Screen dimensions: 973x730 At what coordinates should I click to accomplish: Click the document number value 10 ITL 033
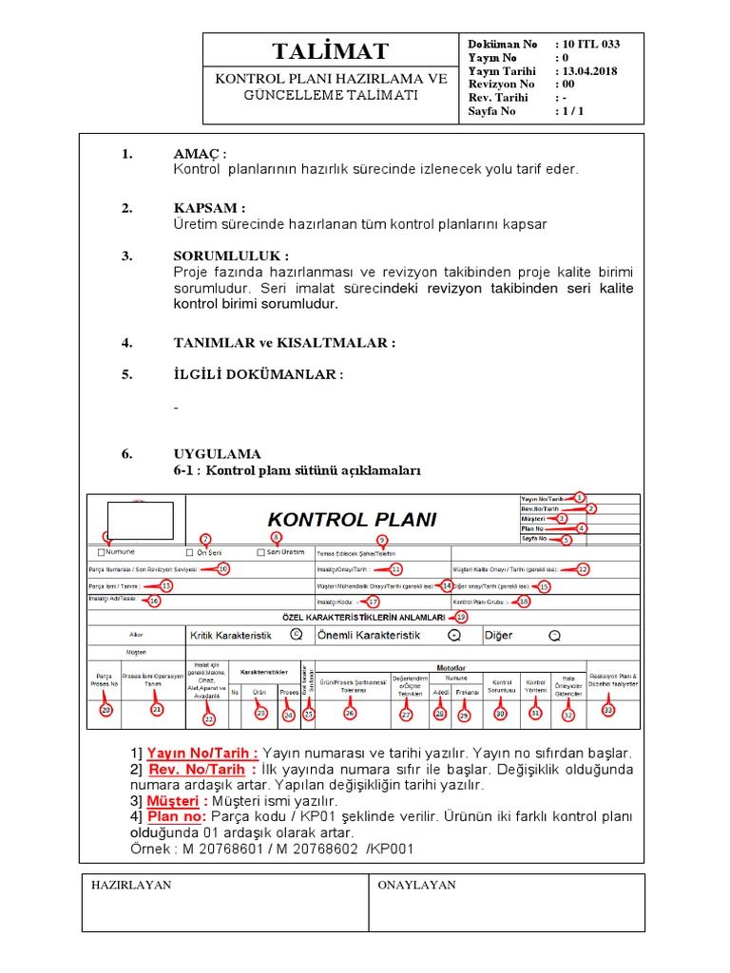591,44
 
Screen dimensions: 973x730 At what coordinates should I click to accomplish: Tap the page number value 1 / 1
573,111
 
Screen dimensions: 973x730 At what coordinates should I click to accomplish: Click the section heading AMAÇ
200,155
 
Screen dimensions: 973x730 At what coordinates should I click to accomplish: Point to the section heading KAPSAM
209,208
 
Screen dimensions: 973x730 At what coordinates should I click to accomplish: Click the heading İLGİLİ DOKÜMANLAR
255,374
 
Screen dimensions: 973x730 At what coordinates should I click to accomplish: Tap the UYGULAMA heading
217,454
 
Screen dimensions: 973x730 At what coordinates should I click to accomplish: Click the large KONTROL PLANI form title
352,520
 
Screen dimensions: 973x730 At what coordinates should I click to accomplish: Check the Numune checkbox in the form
101,552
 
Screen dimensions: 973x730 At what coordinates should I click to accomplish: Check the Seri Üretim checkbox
261,552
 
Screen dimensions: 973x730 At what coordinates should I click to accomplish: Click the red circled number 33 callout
607,710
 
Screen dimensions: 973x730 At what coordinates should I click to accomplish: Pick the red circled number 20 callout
106,710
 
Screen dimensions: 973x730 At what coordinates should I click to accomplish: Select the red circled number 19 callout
462,617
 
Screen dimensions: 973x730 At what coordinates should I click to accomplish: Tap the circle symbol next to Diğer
554,635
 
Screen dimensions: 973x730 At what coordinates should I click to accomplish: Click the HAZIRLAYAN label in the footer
131,885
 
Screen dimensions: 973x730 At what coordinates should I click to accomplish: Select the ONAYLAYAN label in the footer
416,885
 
